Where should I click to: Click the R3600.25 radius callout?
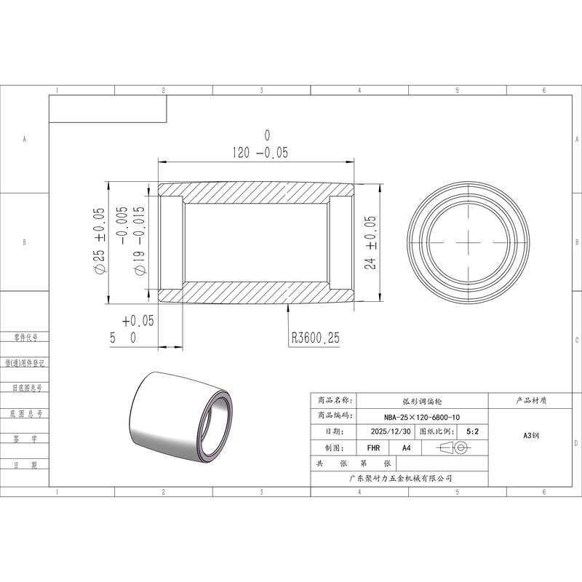point(316,338)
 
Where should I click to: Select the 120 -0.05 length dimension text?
point(260,153)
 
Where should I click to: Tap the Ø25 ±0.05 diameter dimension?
point(100,241)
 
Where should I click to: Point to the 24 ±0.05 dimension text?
point(370,242)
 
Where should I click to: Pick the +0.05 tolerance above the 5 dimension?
point(137,321)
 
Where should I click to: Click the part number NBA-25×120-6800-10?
point(422,417)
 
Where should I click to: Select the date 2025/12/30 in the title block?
point(391,431)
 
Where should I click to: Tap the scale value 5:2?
point(472,431)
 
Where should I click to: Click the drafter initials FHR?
point(373,448)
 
